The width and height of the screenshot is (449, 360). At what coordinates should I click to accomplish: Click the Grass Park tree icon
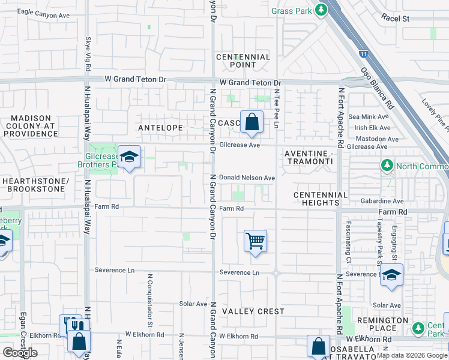coord(321,10)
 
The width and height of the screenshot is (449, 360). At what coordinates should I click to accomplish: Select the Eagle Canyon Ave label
coord(43,13)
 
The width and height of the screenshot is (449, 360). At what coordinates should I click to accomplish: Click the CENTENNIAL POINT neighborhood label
coord(243,61)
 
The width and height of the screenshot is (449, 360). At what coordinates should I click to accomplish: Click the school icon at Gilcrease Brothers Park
coord(129,157)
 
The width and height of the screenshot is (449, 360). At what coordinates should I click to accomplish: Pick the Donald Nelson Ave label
coord(247,178)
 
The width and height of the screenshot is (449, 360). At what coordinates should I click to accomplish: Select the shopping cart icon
coord(255,241)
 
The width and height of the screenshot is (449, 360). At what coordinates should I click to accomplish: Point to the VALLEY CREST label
coord(253,311)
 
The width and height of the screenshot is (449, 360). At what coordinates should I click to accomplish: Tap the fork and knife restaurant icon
coord(71,325)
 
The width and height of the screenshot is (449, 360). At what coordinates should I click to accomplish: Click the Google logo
coord(20,353)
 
